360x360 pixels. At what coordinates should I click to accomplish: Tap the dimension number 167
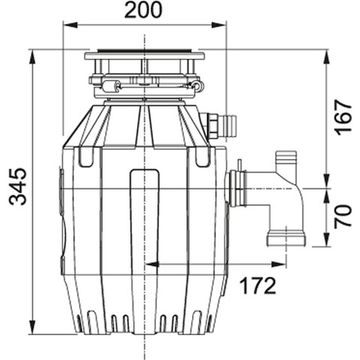[343, 119]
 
